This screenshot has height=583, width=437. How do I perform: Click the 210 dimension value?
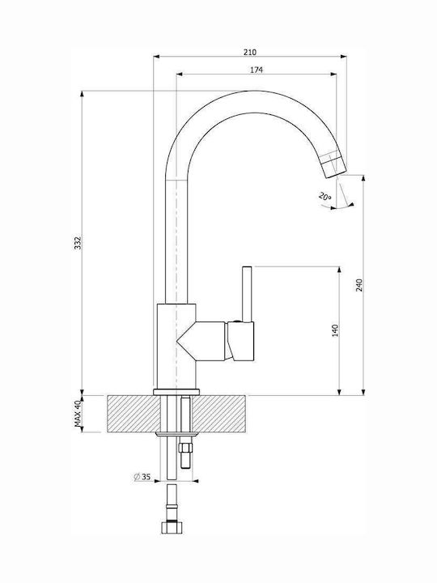pyautogui.click(x=250, y=52)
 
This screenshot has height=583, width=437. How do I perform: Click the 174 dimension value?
pyautogui.click(x=257, y=70)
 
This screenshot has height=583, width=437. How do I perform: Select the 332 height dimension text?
pyautogui.click(x=78, y=243)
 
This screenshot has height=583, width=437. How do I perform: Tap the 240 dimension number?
pyautogui.click(x=359, y=285)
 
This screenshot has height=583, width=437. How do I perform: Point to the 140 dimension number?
pyautogui.click(x=335, y=330)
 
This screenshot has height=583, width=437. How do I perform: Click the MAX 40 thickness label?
pyautogui.click(x=78, y=414)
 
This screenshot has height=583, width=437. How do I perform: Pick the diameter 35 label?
pyautogui.click(x=142, y=477)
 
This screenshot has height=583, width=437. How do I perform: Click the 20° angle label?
pyautogui.click(x=325, y=196)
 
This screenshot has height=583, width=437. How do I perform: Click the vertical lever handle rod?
pyautogui.click(x=247, y=294)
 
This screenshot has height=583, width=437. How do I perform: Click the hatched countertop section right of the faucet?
pyautogui.click(x=220, y=414)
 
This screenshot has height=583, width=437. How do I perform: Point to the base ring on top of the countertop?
pyautogui.click(x=176, y=392)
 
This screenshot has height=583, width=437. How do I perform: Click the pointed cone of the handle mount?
pyautogui.click(x=186, y=341)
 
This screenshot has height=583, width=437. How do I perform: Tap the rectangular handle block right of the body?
pyautogui.click(x=241, y=342)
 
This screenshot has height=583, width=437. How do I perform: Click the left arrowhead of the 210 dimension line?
pyautogui.click(x=156, y=57)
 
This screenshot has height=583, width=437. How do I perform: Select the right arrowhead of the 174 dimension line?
pyautogui.click(x=333, y=74)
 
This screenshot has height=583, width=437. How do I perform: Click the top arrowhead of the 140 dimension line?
pyautogui.click(x=339, y=269)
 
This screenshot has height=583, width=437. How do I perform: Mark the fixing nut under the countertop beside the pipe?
pyautogui.click(x=185, y=446)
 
